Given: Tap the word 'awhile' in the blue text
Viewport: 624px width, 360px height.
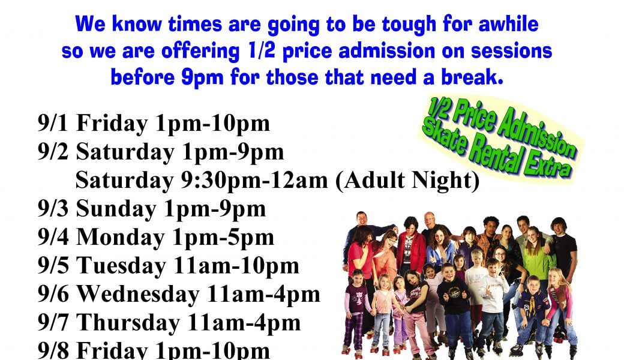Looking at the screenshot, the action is point(508,24).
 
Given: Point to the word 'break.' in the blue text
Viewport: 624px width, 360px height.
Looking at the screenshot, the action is point(472,77).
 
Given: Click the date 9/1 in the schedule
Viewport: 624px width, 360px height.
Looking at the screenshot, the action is point(53,124).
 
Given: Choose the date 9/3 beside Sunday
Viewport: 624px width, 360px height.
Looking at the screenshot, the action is point(53,209).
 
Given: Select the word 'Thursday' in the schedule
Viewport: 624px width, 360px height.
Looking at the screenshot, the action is point(128,323).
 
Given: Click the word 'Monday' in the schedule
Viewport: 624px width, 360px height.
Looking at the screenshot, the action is point(120,238).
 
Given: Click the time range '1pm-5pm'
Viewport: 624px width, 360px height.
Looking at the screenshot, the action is point(223,238).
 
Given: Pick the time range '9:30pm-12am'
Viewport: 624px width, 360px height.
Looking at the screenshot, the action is point(254,180).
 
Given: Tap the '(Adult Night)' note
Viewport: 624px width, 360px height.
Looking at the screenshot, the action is point(407,181).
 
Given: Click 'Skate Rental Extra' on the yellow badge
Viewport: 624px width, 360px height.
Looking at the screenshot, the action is point(497,151).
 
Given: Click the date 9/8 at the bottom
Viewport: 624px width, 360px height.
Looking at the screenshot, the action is point(53,350).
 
